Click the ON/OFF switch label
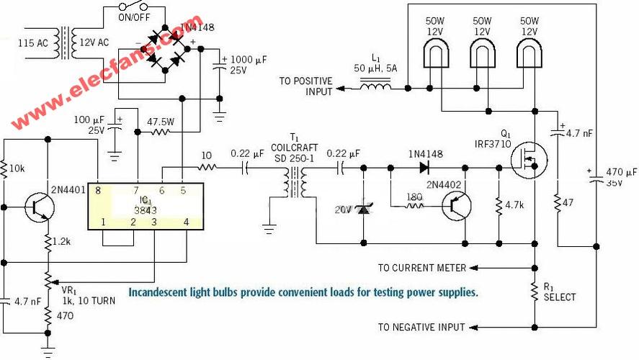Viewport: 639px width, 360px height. click(x=134, y=17)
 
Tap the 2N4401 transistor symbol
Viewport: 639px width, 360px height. click(x=40, y=207)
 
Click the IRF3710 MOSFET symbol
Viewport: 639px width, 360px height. click(x=529, y=160)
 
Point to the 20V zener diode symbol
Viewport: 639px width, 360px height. click(x=363, y=210)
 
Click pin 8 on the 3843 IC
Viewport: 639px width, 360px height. click(x=98, y=190)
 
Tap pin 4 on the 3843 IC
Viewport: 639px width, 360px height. click(x=187, y=222)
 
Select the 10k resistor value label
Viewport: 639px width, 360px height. click(x=17, y=168)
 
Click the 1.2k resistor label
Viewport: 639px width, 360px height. click(x=61, y=241)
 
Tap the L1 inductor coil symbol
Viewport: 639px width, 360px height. click(x=375, y=86)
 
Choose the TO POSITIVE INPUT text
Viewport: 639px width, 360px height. click(x=305, y=86)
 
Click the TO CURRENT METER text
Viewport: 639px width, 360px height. click(x=421, y=268)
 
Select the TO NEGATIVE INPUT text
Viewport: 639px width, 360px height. click(x=421, y=327)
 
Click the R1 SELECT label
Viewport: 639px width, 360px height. click(x=560, y=292)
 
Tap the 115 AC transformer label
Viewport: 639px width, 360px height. click(x=32, y=42)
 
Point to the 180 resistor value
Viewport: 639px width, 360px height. click(x=414, y=197)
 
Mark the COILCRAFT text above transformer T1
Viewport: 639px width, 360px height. click(x=294, y=148)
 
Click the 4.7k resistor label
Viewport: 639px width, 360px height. click(x=514, y=205)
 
